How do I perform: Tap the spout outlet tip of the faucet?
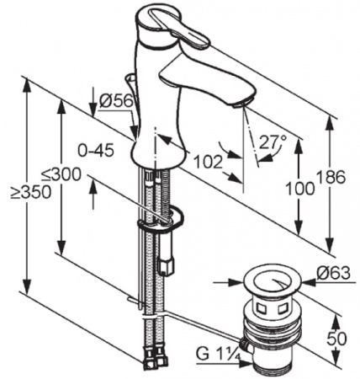(x=240, y=102)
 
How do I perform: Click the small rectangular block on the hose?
(x=166, y=266)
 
